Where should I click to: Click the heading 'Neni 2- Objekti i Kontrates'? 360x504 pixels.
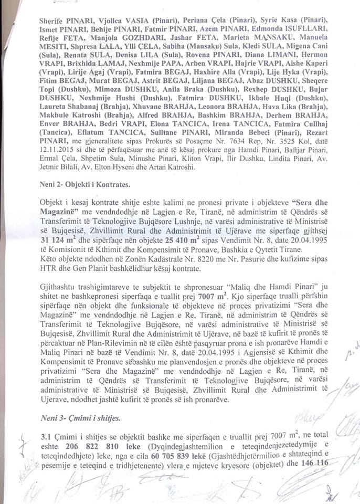[81, 185]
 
